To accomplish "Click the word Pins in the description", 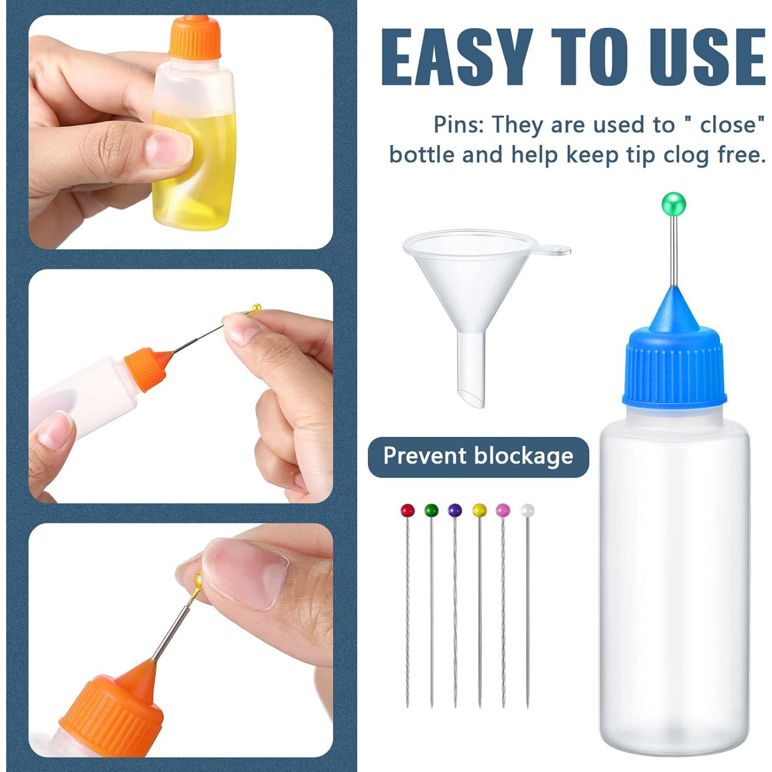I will pyautogui.click(x=458, y=125).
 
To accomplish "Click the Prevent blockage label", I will pyautogui.click(x=478, y=457).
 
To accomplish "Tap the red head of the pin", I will pyautogui.click(x=408, y=511).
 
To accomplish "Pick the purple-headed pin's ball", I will pyautogui.click(x=455, y=511).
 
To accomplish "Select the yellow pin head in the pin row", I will pyautogui.click(x=479, y=511).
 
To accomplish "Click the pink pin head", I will pyautogui.click(x=503, y=511).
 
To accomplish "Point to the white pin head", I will pyautogui.click(x=527, y=511).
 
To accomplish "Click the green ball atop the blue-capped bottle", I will pyautogui.click(x=674, y=203).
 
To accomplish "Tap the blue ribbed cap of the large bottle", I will pyautogui.click(x=674, y=373).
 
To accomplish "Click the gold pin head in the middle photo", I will pyautogui.click(x=256, y=308).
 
